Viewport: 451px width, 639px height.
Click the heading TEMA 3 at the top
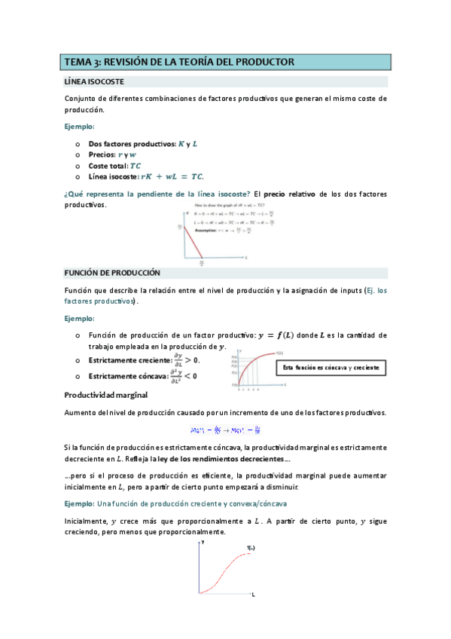coord(179,62)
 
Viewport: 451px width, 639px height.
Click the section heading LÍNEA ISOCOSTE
coord(94,81)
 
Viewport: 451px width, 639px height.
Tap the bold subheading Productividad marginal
coord(105,394)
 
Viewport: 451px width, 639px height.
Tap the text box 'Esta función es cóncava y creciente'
coord(331,368)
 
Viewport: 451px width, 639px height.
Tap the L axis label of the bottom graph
coord(253,595)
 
